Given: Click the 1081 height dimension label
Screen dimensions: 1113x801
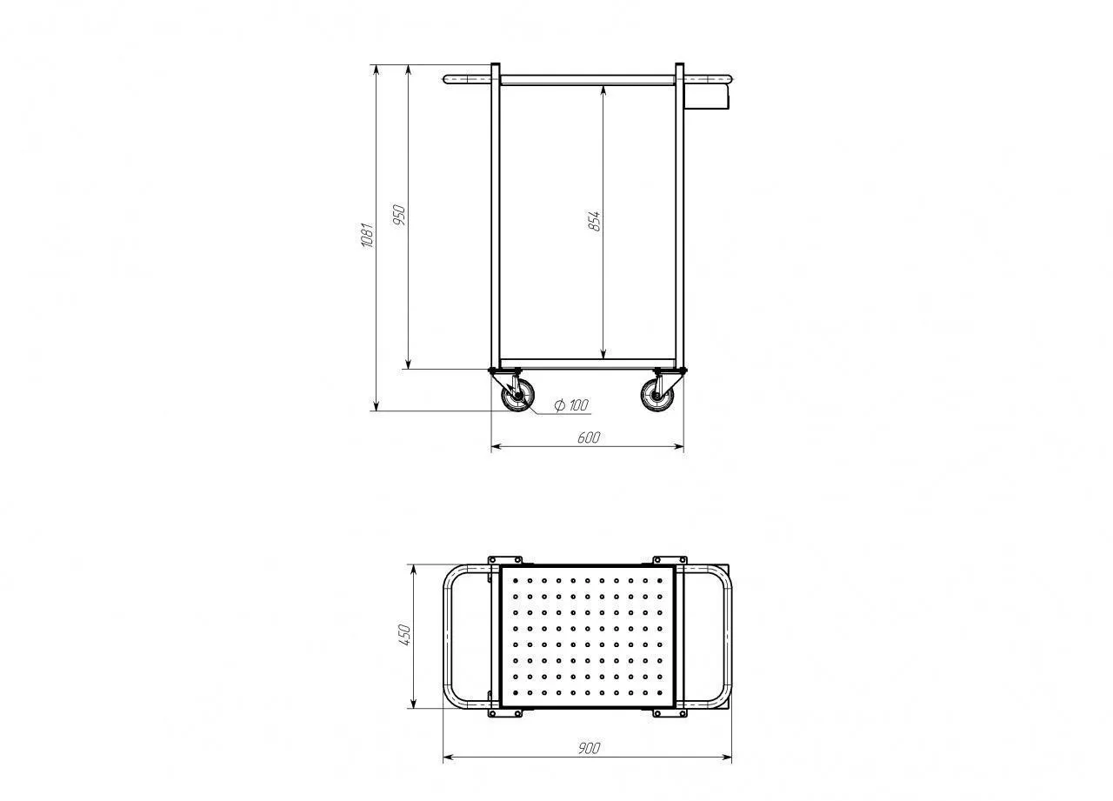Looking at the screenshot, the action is click(x=367, y=235).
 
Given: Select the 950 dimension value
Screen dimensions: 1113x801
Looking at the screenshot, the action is click(x=399, y=215).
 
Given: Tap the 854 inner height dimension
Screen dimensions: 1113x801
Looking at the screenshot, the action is click(x=594, y=221).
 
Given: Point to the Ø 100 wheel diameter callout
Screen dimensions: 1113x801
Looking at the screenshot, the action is click(x=571, y=405).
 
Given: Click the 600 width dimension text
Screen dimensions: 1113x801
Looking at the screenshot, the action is click(x=589, y=437).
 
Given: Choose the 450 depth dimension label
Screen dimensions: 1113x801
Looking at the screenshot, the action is click(x=405, y=635).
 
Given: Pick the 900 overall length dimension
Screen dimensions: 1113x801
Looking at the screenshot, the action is click(x=590, y=748).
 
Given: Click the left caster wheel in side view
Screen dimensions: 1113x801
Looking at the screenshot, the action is click(x=518, y=396).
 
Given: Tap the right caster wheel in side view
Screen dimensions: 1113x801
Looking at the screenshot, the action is click(x=656, y=396).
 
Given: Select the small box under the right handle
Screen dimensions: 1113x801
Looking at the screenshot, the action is click(x=707, y=97).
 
